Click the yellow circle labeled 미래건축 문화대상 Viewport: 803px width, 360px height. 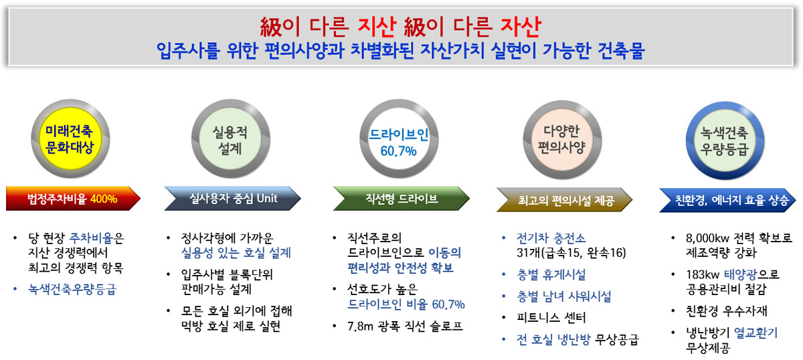click(x=70, y=139)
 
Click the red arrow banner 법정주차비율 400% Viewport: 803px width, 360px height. click(x=72, y=199)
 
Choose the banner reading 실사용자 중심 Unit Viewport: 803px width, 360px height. click(x=232, y=199)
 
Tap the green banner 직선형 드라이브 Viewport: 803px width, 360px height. click(x=400, y=199)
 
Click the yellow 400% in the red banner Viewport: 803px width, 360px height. click(x=104, y=199)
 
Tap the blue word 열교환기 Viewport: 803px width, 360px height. click(x=756, y=333)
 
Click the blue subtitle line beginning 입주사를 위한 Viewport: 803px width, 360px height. click(x=400, y=50)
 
